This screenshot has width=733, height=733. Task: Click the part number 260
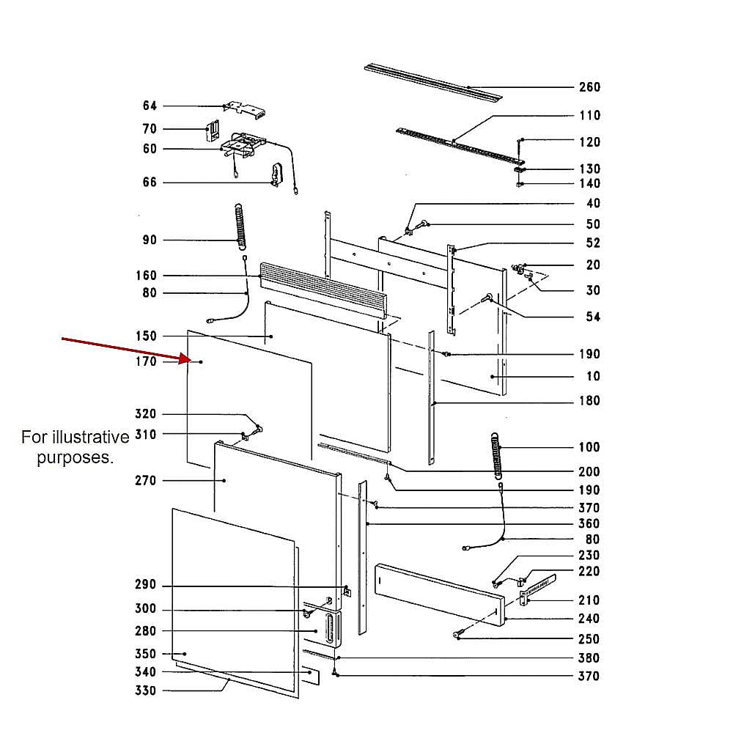pos(589,87)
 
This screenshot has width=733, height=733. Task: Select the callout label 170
pos(146,361)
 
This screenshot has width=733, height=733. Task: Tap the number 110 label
pos(589,115)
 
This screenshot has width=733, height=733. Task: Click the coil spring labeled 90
pos(239,226)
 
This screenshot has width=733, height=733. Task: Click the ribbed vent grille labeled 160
pos(323,290)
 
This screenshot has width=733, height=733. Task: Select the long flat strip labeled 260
pos(432,81)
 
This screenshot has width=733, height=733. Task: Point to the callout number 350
pos(146,654)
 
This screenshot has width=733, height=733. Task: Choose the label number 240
pos(589,619)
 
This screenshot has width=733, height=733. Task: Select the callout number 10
pos(593,376)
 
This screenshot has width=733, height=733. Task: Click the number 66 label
pos(150,182)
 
